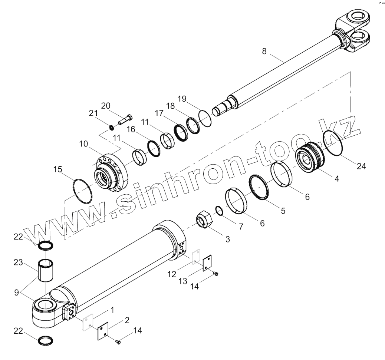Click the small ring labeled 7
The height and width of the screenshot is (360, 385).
tap(219, 211)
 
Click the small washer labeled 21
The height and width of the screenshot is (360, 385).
tap(111, 128)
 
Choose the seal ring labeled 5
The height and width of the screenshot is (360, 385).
tap(259, 187)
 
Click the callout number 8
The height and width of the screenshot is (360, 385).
tap(264, 51)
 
